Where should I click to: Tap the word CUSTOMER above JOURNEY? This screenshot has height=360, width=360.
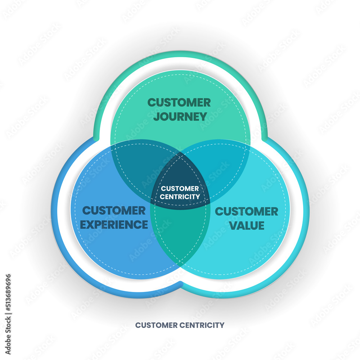[179, 103]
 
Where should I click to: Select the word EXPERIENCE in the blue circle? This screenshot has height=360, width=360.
[114, 225]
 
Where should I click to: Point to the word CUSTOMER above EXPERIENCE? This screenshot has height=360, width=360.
[114, 211]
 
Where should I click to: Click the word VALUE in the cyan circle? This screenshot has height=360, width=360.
[246, 226]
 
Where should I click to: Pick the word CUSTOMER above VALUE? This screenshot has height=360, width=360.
[246, 211]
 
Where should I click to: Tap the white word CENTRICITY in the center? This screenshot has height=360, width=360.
[180, 197]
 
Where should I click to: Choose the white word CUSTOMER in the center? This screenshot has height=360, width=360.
[180, 189]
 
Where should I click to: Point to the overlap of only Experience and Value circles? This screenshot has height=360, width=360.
[180, 238]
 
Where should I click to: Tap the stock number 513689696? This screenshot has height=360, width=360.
[8, 300]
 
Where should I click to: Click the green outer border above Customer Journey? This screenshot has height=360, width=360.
[180, 54]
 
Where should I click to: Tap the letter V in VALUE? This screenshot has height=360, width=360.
[233, 226]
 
